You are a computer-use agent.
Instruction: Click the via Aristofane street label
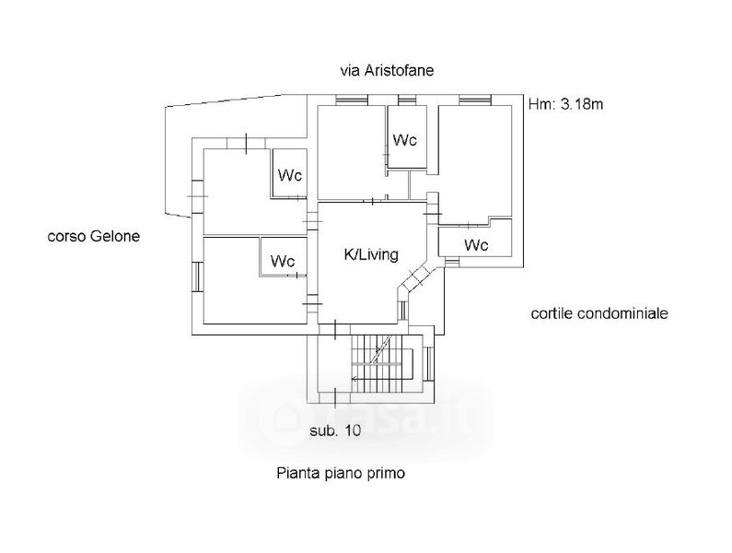coord(387,71)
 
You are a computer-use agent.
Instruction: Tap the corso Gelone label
coord(94,236)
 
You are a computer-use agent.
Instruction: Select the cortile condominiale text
coord(599,313)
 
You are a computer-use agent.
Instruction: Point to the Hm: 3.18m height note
coord(566,104)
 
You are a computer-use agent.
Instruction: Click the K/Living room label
coord(371,254)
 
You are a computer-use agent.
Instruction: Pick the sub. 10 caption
coord(335,430)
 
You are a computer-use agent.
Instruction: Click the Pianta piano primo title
coord(341,473)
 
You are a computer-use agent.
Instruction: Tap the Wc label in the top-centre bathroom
coord(405,140)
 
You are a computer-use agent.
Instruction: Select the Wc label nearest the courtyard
coord(476,244)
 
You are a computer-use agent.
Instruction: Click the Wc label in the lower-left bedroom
coord(283,261)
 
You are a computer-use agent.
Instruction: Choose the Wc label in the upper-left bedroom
coord(290,175)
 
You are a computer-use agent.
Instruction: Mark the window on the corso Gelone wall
coord(197,276)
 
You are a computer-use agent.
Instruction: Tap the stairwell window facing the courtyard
coord(428,363)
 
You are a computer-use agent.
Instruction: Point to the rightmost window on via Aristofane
coord(475,100)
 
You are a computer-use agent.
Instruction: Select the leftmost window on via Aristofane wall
coord(352,100)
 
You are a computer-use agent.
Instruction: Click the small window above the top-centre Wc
coord(407,100)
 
